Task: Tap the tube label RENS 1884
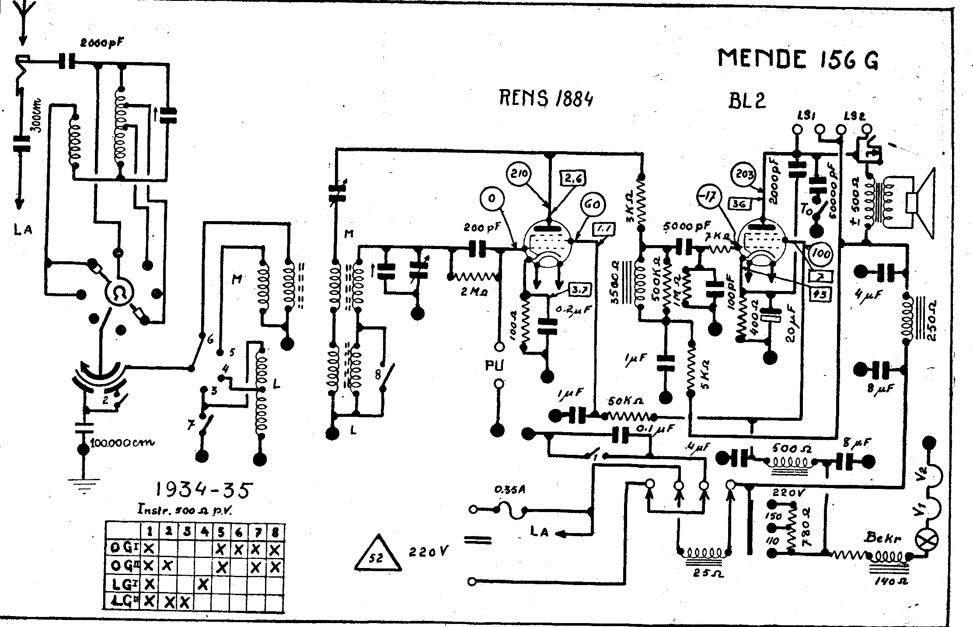tap(546, 99)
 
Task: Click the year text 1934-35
tap(203, 490)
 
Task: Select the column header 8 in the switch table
tap(275, 532)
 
